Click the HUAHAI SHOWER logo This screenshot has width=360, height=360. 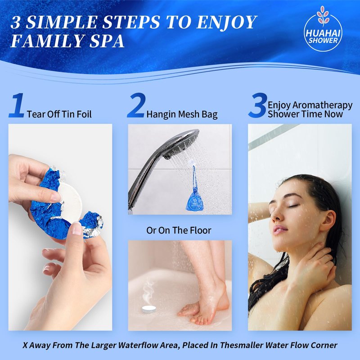tap(323, 29)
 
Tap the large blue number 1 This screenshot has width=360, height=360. tap(17, 105)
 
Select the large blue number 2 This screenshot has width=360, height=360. tap(136, 105)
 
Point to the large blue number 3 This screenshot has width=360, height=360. tap(258, 105)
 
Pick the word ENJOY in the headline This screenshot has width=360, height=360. tap(226, 22)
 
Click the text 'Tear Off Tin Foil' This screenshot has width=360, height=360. tap(59, 114)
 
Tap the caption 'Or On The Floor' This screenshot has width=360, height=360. tap(179, 230)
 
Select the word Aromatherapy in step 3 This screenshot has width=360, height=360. tap(322, 105)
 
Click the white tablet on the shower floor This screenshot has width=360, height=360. tap(149, 309)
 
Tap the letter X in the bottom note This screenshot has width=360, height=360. tap(25, 345)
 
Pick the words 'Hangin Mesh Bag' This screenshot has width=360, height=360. tap(182, 114)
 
